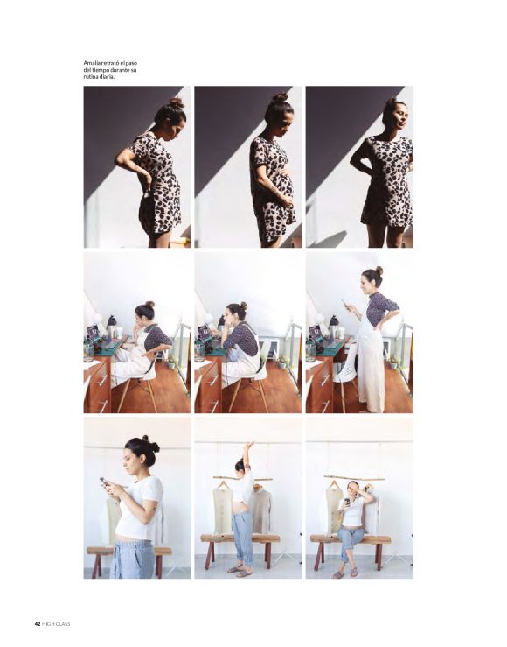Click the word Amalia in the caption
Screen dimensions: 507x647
pyautogui.click(x=91, y=63)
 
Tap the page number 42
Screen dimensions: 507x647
pyautogui.click(x=37, y=624)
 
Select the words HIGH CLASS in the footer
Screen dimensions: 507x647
pyautogui.click(x=56, y=624)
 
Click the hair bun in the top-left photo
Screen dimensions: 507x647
pyautogui.click(x=176, y=103)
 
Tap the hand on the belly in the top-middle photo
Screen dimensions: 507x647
pyautogui.click(x=286, y=200)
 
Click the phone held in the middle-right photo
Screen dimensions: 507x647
pyautogui.click(x=344, y=303)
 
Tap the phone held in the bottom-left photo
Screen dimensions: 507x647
pyautogui.click(x=103, y=482)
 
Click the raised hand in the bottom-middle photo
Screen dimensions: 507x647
pyautogui.click(x=249, y=446)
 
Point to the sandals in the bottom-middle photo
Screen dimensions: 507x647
pyautogui.click(x=239, y=570)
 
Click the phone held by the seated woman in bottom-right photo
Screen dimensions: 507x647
pyautogui.click(x=347, y=502)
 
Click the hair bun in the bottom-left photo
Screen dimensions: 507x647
pyautogui.click(x=150, y=443)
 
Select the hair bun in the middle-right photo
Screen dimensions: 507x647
pyautogui.click(x=379, y=271)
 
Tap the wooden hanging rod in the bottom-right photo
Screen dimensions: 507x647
pyautogui.click(x=354, y=478)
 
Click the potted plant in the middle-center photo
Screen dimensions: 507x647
pyautogui.click(x=282, y=362)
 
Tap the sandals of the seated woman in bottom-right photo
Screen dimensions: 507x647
pyautogui.click(x=346, y=573)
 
